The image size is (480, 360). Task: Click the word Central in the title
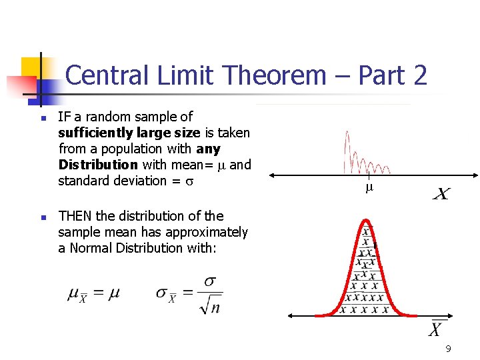(109, 75)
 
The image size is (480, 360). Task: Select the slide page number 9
(448, 349)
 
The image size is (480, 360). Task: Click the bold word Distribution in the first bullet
(98, 165)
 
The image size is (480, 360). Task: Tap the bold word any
(208, 149)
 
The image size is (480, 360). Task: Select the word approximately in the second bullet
(210, 232)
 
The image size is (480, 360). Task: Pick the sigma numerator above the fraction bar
(210, 282)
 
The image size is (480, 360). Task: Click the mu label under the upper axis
(369, 189)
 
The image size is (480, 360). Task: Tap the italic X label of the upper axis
(441, 194)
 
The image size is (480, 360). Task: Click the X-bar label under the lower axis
(435, 329)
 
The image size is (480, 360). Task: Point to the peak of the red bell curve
(365, 219)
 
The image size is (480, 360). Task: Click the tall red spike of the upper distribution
(346, 150)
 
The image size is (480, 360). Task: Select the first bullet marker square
(43, 119)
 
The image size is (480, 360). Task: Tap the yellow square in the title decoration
(32, 67)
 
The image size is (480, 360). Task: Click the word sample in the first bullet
(158, 117)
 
